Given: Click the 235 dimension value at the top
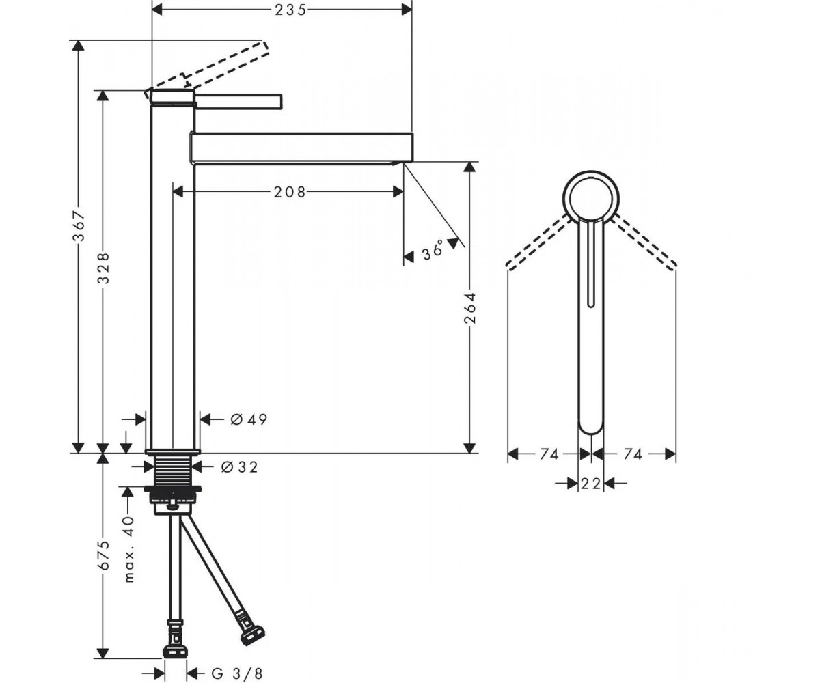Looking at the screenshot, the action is pos(290,10).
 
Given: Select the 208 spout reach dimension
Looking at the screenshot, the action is pos(290,192).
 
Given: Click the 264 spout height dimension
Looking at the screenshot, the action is pos(469,308).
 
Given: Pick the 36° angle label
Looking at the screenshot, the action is pos(433,250).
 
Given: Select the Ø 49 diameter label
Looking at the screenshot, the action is pos(249,419).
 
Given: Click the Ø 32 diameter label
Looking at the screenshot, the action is pos(240,466).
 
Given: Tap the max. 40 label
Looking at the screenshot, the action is pos(129,550).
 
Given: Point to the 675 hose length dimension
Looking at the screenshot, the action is pos(104,555).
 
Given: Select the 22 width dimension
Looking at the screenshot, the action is pos(591,484).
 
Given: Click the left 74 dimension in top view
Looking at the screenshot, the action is pos(549,454).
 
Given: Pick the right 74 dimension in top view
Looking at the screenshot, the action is pos(633,454).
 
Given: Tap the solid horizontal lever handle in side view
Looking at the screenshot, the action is pos(238,101).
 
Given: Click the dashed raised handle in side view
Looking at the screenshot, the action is pos(208,66).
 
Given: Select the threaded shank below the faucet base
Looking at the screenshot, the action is pos(173,471).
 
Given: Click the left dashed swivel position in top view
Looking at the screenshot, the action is pos(538,241).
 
